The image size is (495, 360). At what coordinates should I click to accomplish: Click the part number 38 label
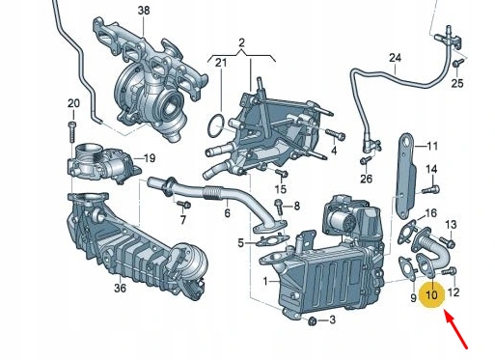[x=144, y=11]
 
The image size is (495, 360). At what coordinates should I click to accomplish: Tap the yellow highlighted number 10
[x=431, y=294]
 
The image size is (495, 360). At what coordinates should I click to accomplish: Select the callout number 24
[x=394, y=58]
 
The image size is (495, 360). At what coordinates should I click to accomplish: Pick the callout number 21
[x=221, y=64]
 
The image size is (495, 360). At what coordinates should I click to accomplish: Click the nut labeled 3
[x=312, y=318]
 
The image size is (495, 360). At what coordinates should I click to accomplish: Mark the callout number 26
[x=366, y=179]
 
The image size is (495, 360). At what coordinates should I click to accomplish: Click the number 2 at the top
[x=243, y=44]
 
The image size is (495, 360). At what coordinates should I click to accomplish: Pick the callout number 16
[x=430, y=212]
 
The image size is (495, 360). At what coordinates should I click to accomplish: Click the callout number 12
[x=454, y=291]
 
